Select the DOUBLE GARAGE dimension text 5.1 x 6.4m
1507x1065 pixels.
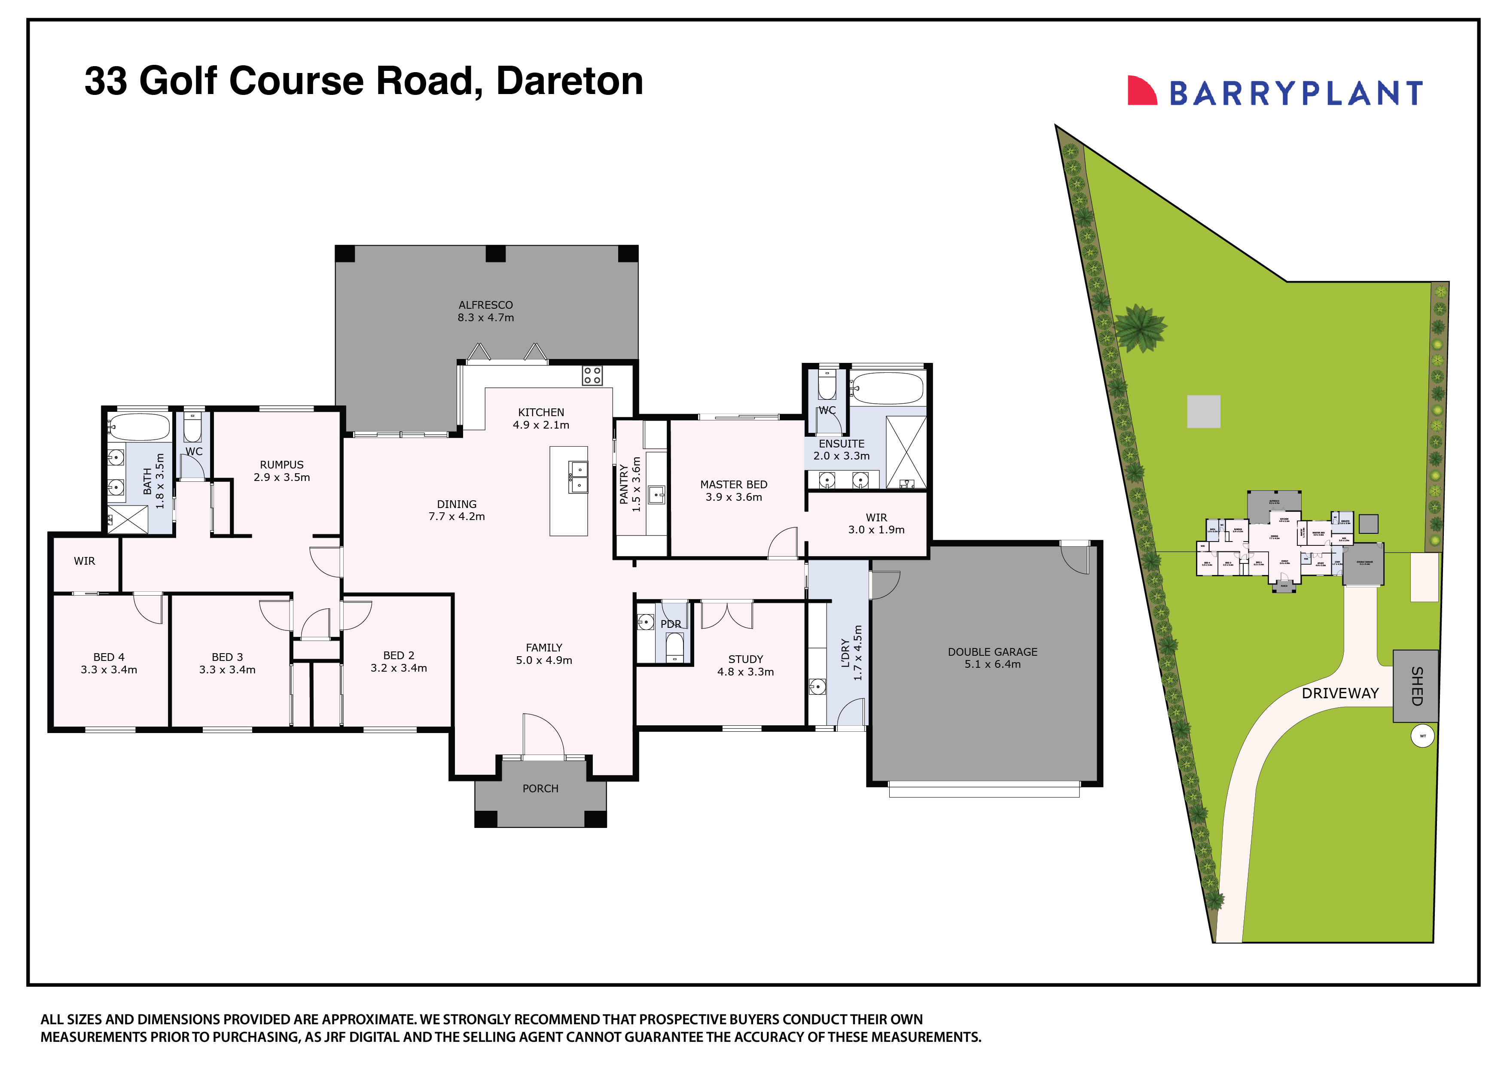(x=992, y=664)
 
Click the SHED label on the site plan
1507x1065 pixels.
(x=1416, y=686)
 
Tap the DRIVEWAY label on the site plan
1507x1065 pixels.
(x=1339, y=694)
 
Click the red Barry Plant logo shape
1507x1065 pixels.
(x=1141, y=91)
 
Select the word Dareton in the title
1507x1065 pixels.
(x=569, y=81)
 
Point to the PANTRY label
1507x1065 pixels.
(x=623, y=484)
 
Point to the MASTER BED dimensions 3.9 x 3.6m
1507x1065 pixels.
(x=734, y=497)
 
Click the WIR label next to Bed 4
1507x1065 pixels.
(x=84, y=561)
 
